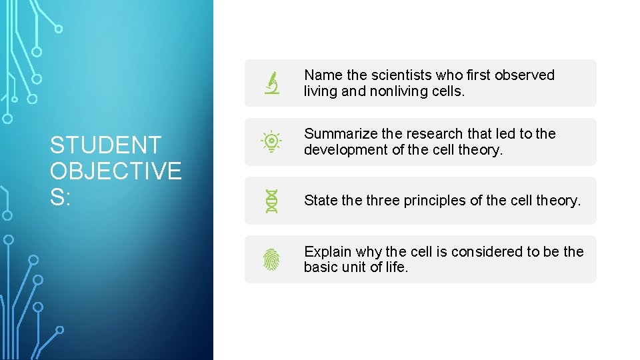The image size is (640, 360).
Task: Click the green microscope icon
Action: [x=272, y=83]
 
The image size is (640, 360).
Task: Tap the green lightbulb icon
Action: [x=272, y=142]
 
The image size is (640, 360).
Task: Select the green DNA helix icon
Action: [x=272, y=201]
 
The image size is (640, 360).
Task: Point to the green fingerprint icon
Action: [x=272, y=259]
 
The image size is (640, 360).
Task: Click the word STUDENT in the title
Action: [x=105, y=145]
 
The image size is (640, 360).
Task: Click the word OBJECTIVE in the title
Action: [x=115, y=171]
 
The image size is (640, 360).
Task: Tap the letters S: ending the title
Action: [x=61, y=198]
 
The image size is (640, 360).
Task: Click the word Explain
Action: [x=327, y=251]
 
